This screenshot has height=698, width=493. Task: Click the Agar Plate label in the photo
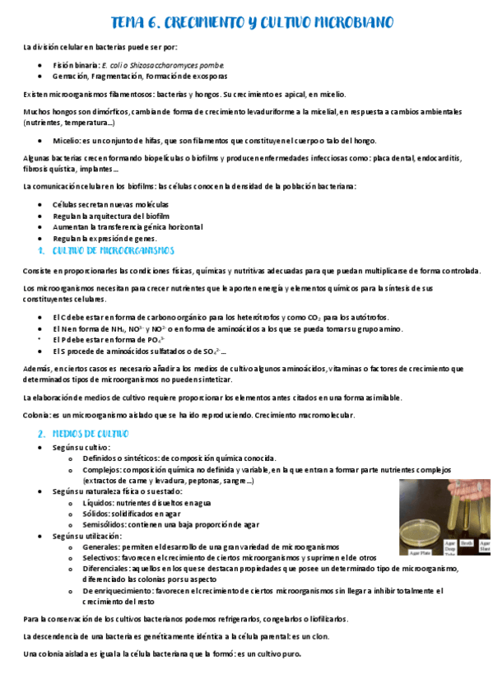tap(420, 554)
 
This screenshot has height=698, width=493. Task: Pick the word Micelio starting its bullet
tap(66, 141)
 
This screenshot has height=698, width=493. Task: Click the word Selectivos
tap(104, 557)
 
